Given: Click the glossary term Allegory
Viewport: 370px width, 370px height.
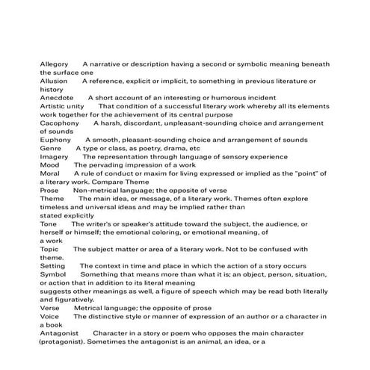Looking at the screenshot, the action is (x=54, y=64).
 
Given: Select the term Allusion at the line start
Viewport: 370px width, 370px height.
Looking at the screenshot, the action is (x=53, y=81).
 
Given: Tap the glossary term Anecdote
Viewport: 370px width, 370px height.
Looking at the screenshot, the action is (x=57, y=97).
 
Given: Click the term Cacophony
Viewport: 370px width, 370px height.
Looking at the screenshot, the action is (x=59, y=123).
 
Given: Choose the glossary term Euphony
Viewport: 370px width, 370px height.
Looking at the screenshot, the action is (x=55, y=139).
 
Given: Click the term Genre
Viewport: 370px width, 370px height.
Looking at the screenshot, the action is (x=50, y=148).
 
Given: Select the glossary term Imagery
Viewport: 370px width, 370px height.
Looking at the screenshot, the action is (x=54, y=157).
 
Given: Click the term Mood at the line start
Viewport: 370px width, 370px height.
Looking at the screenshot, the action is (x=49, y=165).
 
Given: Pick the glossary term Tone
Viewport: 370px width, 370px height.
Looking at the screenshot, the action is (x=48, y=223).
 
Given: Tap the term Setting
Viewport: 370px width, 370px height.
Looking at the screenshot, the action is (x=52, y=266).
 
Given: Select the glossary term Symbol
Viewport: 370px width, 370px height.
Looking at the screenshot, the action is (x=52, y=274).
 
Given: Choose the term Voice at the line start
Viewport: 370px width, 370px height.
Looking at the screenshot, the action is (x=49, y=316).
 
